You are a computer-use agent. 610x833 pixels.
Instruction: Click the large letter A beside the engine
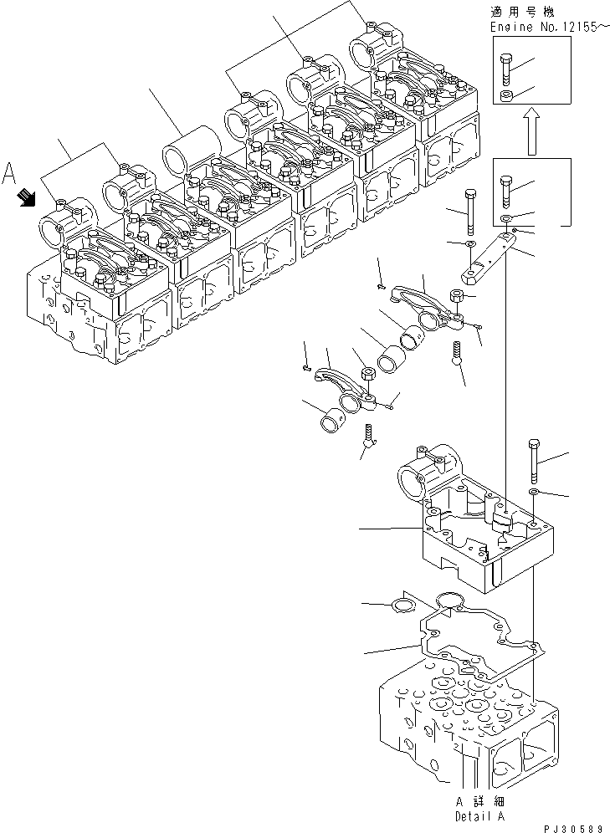click(10, 172)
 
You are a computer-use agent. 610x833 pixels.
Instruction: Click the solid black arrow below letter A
click(28, 197)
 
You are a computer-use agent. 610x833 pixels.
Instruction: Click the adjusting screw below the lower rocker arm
click(368, 434)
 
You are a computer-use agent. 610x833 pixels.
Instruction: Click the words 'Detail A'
click(479, 815)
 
